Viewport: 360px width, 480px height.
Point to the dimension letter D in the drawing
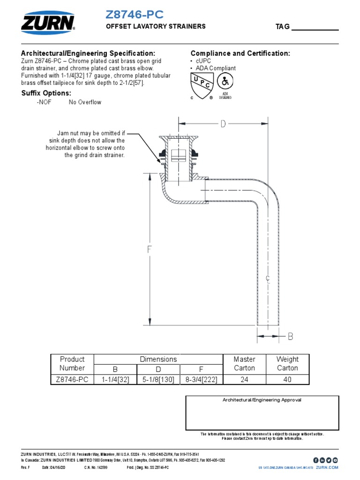223,124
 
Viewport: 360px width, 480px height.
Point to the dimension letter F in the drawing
150,249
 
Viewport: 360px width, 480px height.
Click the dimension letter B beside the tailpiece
290,336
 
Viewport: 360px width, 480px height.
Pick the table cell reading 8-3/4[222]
201,379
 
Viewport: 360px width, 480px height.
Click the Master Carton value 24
244,379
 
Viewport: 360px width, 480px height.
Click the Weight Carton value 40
287,379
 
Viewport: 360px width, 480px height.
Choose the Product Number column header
72,364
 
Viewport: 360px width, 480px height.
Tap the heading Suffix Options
46,93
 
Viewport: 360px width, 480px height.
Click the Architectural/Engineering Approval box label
262,400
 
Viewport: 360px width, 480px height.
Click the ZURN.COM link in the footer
327,467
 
